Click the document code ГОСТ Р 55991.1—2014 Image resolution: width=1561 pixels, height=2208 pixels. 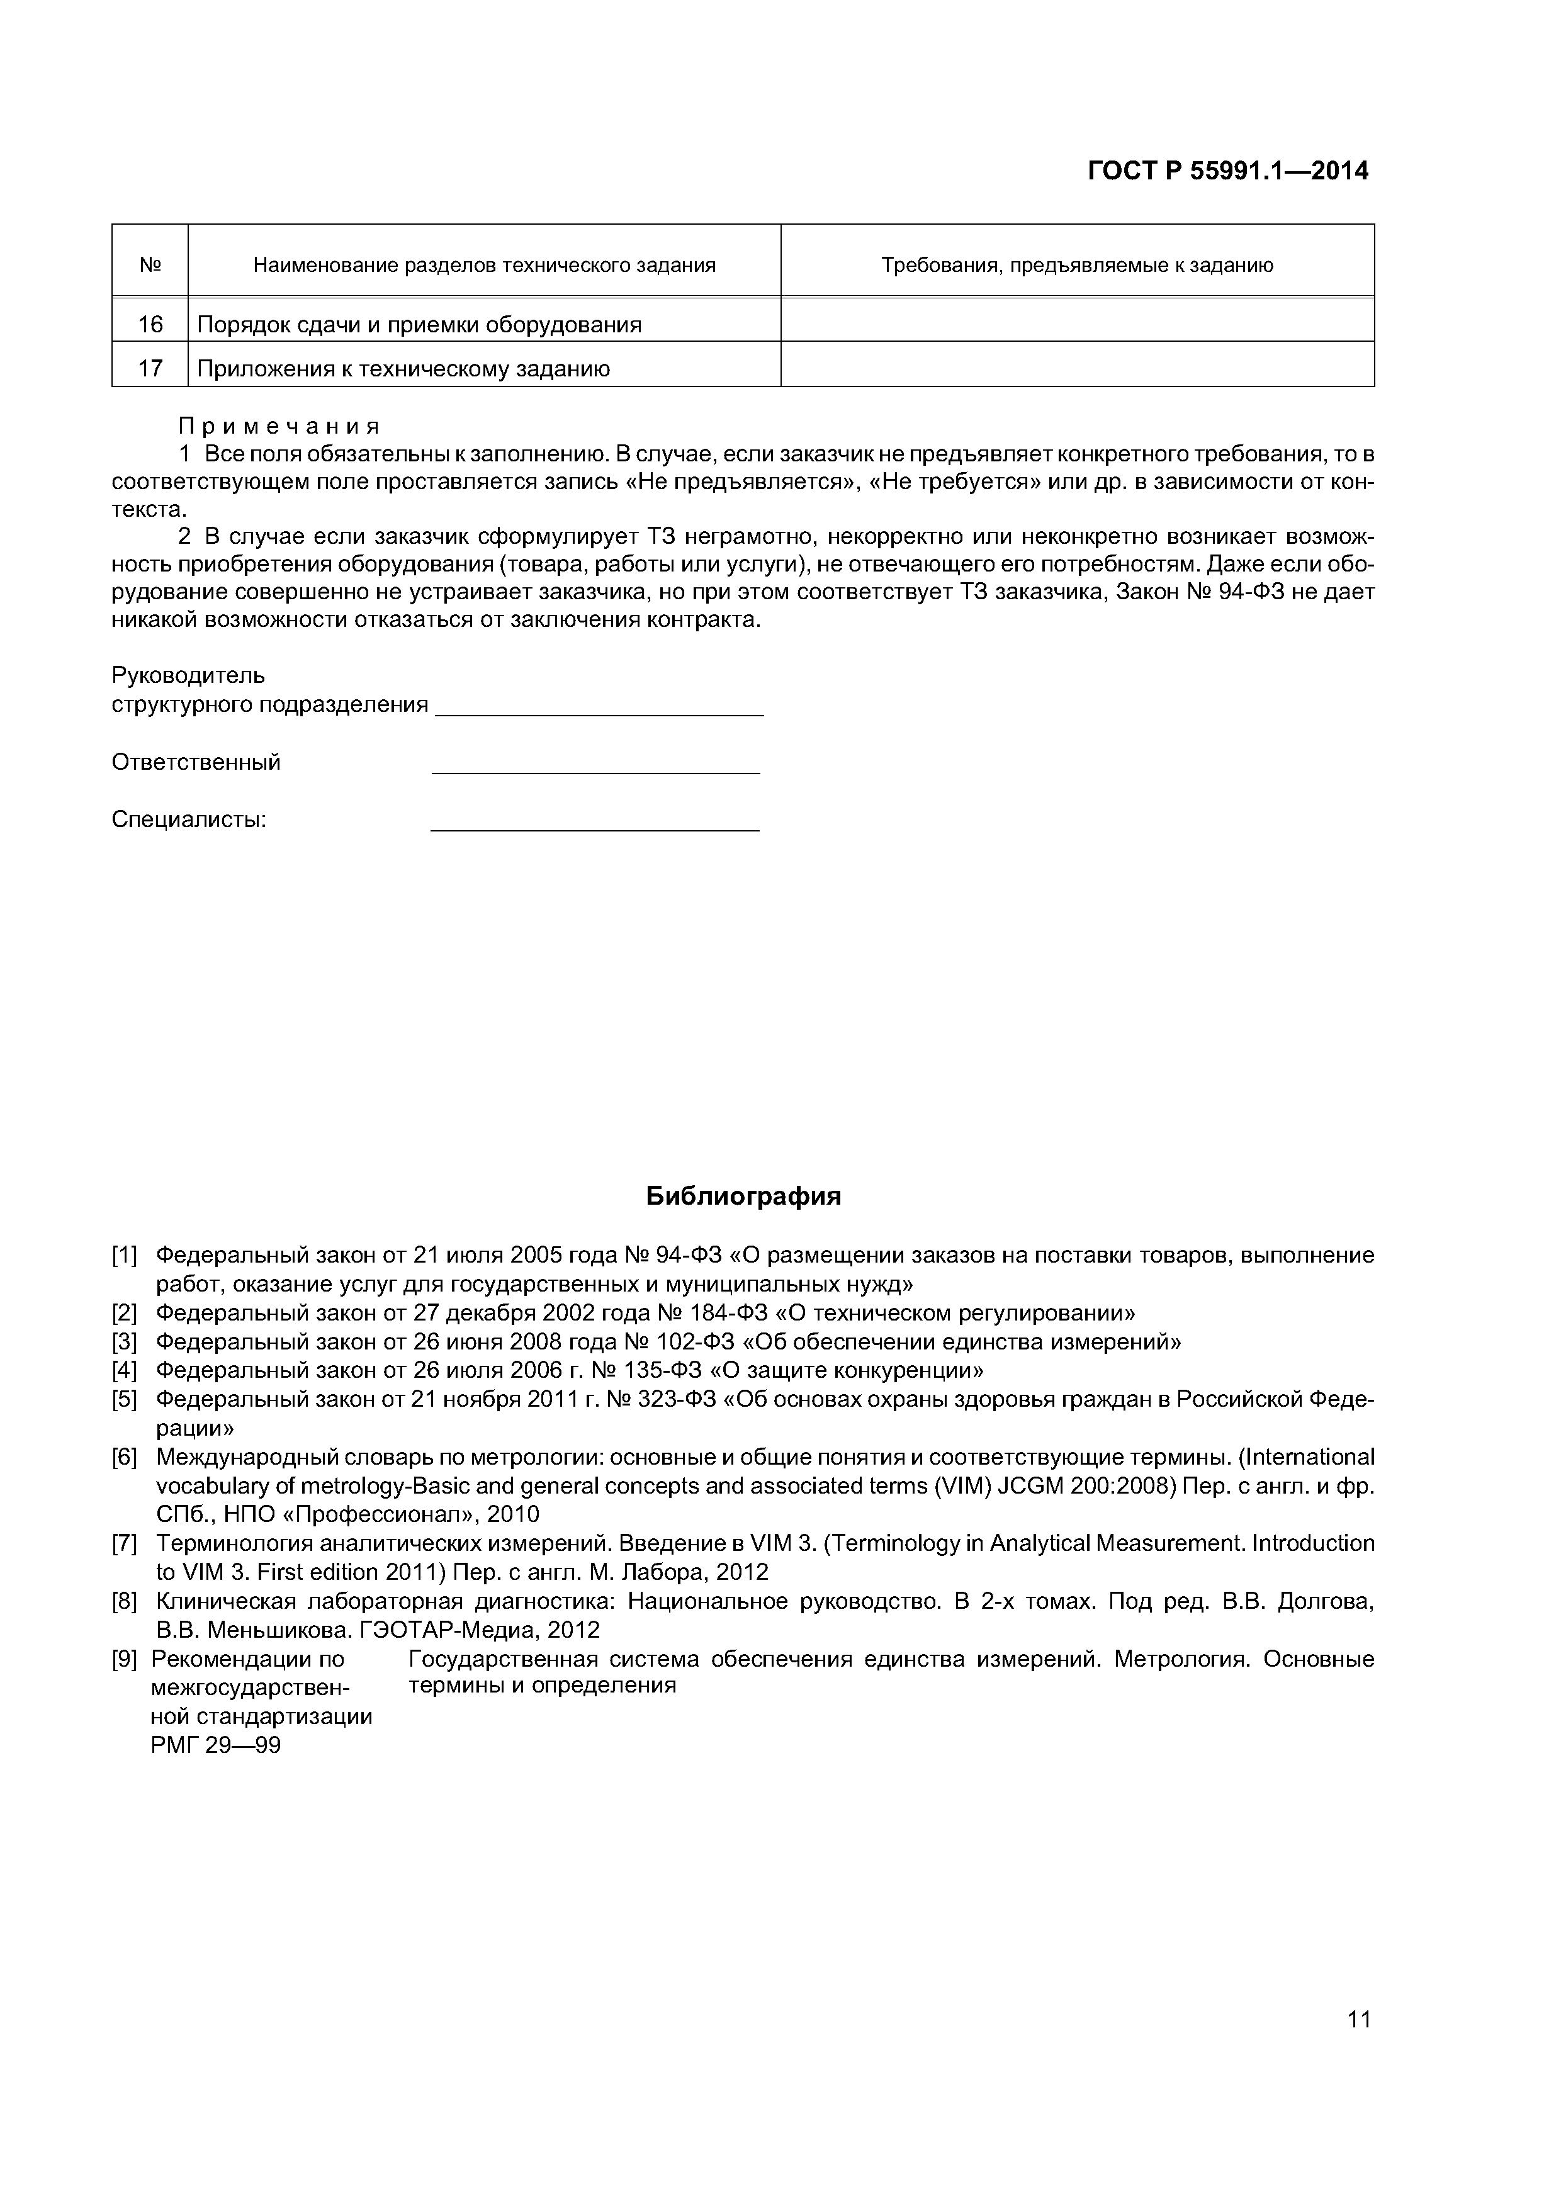point(1227,171)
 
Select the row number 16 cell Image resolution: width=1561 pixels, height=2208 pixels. point(150,324)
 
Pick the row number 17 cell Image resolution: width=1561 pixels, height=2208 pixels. point(150,368)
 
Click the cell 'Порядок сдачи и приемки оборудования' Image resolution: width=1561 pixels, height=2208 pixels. point(419,325)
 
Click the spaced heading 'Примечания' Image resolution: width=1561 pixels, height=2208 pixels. point(279,426)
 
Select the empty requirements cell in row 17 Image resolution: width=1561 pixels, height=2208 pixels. point(1076,368)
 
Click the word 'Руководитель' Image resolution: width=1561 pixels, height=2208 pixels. point(188,676)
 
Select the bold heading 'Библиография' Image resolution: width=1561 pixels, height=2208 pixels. point(743,1197)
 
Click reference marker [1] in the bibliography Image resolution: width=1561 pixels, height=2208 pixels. point(125,1255)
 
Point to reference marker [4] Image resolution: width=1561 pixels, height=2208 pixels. point(125,1370)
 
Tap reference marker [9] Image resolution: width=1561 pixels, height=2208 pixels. point(125,1659)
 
